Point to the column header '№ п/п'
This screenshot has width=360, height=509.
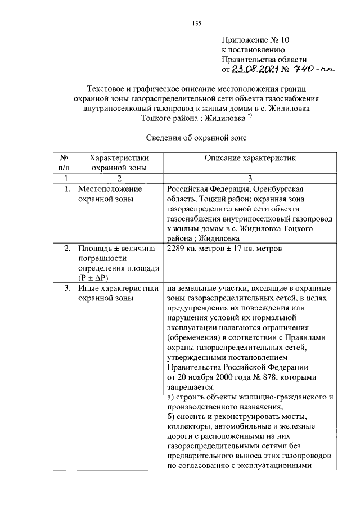64,163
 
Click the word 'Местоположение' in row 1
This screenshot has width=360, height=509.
109,189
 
